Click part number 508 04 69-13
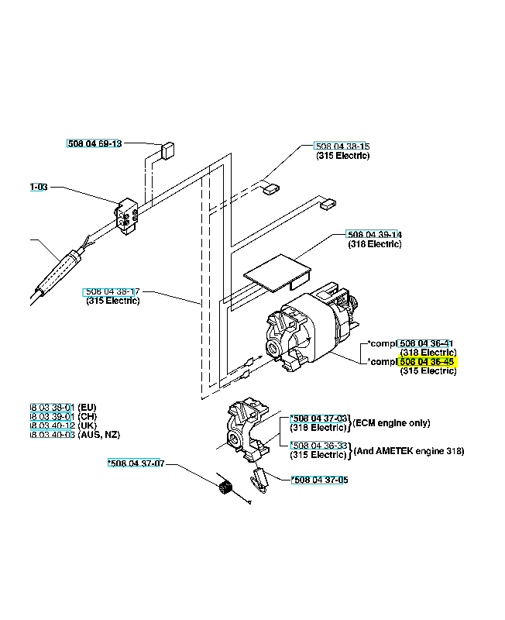point(94,143)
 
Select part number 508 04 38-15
point(342,146)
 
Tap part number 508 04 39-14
point(373,234)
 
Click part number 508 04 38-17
point(112,291)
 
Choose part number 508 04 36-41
point(425,343)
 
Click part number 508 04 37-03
point(320,418)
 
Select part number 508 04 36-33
point(320,445)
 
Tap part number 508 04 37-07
point(136,463)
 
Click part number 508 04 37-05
point(319,480)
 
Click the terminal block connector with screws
point(127,212)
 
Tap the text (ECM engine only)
point(391,423)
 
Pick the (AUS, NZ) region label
point(98,435)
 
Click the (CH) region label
point(88,416)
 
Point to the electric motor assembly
point(310,329)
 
